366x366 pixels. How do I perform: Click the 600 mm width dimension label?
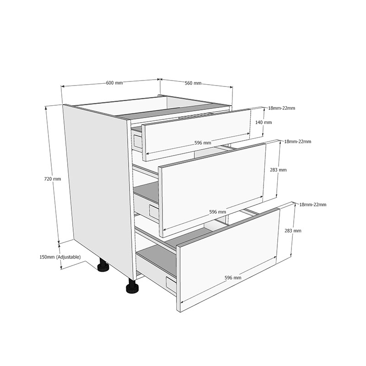click(114, 83)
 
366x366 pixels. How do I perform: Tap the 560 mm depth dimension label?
click(193, 83)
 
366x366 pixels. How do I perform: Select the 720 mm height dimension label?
click(53, 179)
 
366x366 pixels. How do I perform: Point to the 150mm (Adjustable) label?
click(60, 257)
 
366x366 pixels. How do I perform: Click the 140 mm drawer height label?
click(264, 122)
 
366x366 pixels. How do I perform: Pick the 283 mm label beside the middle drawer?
click(278, 170)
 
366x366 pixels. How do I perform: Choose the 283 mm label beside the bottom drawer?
click(293, 231)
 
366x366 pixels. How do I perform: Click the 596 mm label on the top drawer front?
click(203, 143)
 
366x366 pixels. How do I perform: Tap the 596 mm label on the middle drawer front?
click(218, 212)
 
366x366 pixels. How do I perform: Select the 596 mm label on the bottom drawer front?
click(233, 278)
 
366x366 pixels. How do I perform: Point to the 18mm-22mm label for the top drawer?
click(281, 108)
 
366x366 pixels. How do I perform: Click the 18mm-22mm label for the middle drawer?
click(298, 141)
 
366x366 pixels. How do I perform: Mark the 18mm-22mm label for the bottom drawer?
click(313, 205)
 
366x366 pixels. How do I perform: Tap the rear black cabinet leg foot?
click(103, 266)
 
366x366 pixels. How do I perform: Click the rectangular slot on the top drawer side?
click(138, 142)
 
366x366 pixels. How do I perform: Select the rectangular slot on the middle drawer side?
click(154, 211)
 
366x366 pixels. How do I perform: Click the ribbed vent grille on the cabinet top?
click(196, 116)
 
